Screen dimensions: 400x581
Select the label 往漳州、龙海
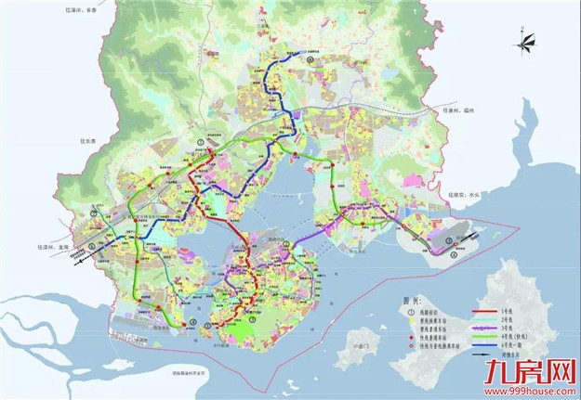(21, 248)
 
